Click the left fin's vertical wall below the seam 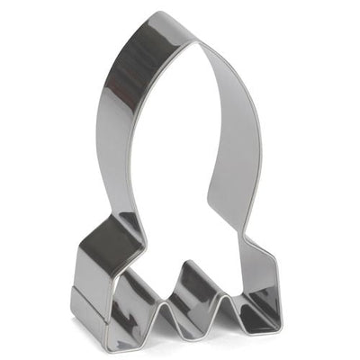point(87,315)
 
